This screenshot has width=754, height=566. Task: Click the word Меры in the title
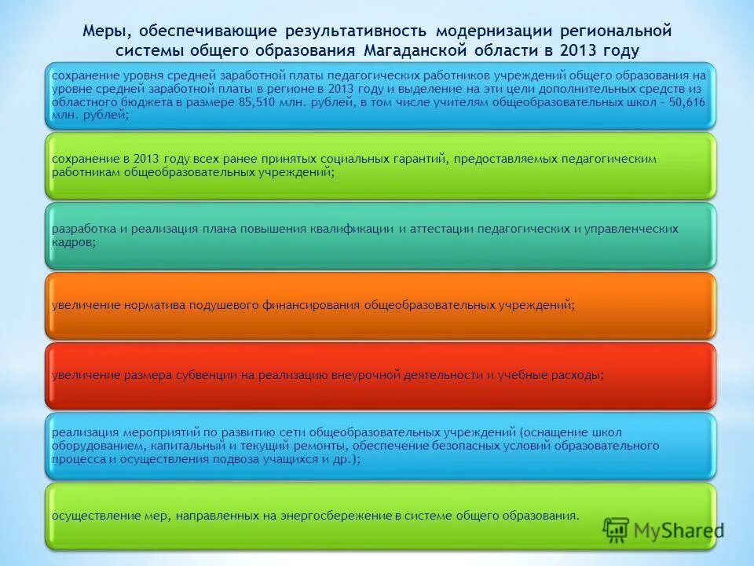(105, 31)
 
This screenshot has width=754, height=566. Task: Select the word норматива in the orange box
(153, 305)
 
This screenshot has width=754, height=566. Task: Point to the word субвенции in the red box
(203, 375)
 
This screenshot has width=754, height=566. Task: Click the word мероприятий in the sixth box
(156, 432)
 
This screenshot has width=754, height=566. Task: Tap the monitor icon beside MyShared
(617, 531)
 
